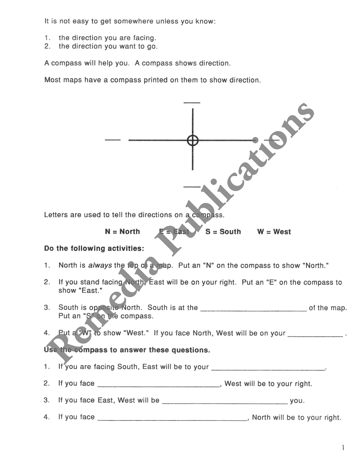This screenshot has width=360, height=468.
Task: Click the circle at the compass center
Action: pyautogui.click(x=193, y=140)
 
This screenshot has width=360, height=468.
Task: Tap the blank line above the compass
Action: pyautogui.click(x=192, y=103)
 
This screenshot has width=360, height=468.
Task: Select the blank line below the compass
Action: pyautogui.click(x=192, y=187)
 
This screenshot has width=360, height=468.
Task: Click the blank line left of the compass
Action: pyautogui.click(x=113, y=140)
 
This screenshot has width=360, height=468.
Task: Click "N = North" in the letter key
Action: pyautogui.click(x=122, y=231)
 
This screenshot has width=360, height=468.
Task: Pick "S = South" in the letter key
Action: pyautogui.click(x=223, y=231)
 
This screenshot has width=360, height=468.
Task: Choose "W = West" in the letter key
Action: pyautogui.click(x=274, y=231)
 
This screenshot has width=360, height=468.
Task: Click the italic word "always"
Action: pyautogui.click(x=100, y=265)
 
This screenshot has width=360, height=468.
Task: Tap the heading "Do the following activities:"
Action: pyautogui.click(x=94, y=248)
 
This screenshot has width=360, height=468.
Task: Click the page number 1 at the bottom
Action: pyautogui.click(x=343, y=448)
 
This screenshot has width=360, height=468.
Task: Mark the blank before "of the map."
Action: pyautogui.click(x=253, y=309)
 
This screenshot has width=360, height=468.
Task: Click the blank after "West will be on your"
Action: pyautogui.click(x=315, y=335)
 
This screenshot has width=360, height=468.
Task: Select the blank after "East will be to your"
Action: pyautogui.click(x=268, y=368)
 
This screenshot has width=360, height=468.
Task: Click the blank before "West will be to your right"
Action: pyautogui.click(x=159, y=385)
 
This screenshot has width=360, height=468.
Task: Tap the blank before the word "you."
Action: pyautogui.click(x=225, y=402)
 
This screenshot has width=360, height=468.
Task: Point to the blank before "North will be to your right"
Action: pyautogui.click(x=172, y=419)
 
